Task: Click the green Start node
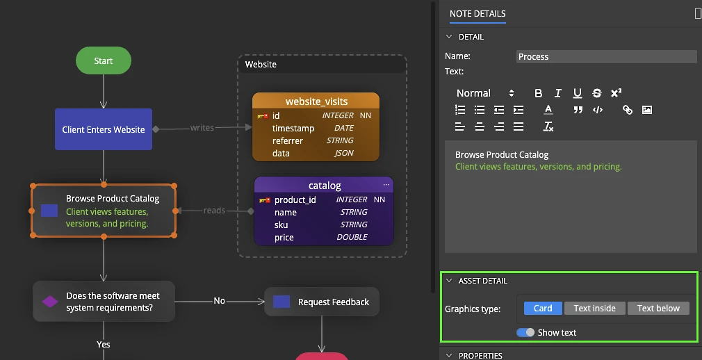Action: [104, 60]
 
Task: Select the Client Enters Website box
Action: [104, 129]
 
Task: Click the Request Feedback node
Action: [321, 302]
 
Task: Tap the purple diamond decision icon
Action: [49, 302]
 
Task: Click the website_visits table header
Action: [316, 101]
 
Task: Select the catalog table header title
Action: [325, 186]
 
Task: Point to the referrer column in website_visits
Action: [288, 140]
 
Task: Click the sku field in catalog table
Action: [281, 224]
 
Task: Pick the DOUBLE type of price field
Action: [352, 237]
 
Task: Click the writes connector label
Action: [202, 128]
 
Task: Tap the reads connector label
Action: [214, 211]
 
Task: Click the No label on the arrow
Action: [220, 301]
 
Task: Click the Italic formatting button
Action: [558, 93]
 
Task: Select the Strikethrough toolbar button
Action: [597, 93]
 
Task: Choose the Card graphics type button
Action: [543, 308]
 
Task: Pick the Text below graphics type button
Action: [658, 308]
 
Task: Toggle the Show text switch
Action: [525, 332]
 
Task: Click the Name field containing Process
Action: [606, 56]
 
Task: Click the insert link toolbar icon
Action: [627, 110]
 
